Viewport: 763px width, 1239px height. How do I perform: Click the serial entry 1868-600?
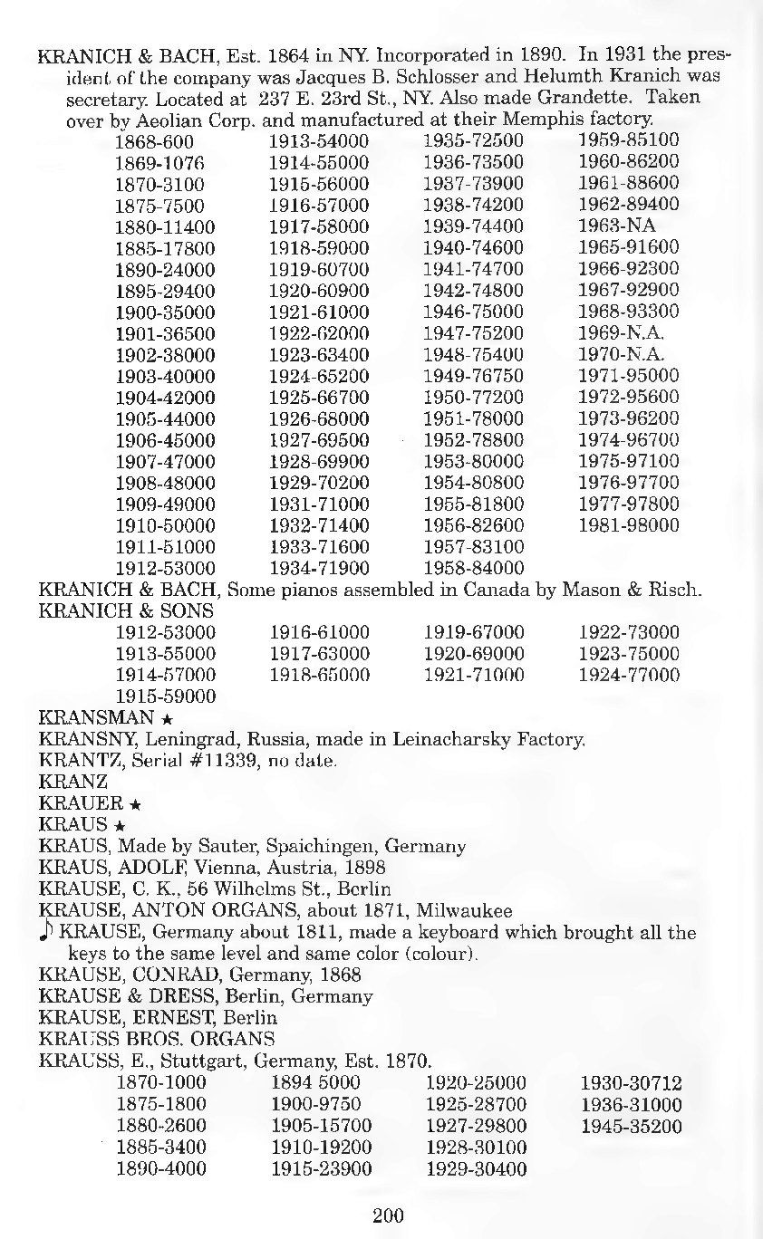[154, 141]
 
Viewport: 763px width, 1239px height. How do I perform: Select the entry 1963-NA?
[617, 226]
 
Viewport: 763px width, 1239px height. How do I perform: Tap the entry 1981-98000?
[629, 525]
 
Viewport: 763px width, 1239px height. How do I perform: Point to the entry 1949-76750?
[474, 376]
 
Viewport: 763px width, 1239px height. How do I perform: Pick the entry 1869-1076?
[159, 163]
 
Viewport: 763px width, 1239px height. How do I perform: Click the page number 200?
[388, 1215]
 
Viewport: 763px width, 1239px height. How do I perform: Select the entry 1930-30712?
[631, 1083]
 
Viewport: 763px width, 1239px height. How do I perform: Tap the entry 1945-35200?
[631, 1127]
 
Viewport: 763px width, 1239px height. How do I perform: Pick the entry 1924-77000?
[629, 675]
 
